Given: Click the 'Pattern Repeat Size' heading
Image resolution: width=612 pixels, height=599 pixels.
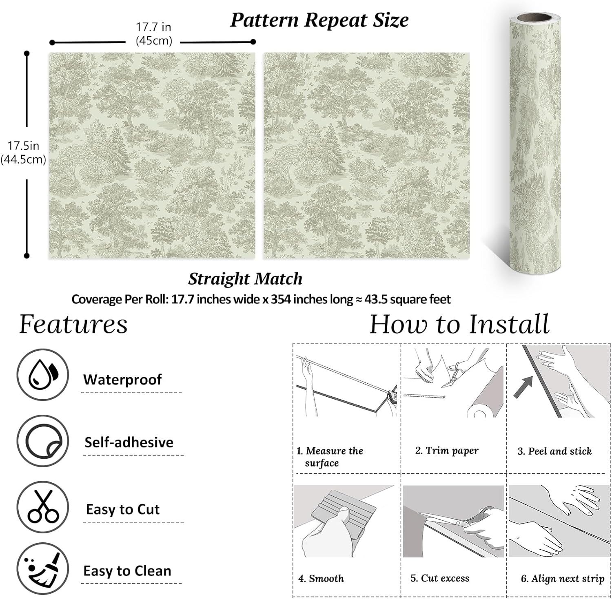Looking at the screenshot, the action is coord(319,20).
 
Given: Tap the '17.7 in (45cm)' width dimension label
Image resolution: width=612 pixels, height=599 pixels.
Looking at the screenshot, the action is coord(153,34).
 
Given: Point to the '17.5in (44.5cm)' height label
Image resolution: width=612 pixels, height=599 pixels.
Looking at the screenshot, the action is coord(23,153).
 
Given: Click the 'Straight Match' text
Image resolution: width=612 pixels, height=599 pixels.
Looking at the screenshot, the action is coord(245,279).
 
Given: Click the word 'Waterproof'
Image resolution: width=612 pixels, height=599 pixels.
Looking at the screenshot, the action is coord(122,380).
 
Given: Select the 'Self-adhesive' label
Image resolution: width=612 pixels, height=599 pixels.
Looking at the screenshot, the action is coord(129,442).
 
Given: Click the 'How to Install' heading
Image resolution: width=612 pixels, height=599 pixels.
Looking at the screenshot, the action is coord(459,324).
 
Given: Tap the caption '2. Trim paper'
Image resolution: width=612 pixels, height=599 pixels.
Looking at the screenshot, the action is coord(447,451).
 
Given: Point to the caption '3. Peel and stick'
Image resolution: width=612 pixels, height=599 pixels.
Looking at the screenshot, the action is coord(554,451).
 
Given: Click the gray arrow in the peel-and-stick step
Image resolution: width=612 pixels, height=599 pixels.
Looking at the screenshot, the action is coord(523,387).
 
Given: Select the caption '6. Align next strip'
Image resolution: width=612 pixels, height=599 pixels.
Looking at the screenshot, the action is coord(563,579).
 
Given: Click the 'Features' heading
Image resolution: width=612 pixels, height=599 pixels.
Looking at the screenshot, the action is coord(73,325).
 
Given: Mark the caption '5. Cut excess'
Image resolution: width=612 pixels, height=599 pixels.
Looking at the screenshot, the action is coord(440,578).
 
